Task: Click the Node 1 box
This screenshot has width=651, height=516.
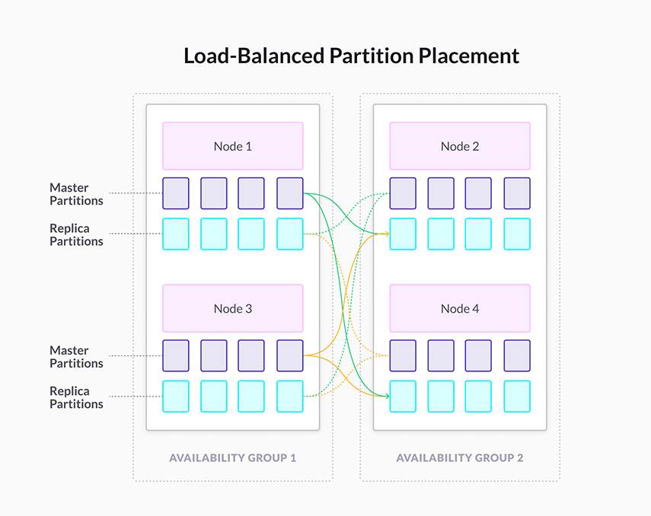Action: coord(232,146)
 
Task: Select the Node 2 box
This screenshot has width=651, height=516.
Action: coord(460,146)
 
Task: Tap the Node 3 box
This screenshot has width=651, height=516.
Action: coord(232,308)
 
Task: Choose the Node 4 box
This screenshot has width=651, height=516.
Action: coord(460,308)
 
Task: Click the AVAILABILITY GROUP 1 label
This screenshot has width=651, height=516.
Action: coord(232,457)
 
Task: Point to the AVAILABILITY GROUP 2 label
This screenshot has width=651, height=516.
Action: coord(460,457)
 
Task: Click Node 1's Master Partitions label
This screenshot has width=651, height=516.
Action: coord(76,194)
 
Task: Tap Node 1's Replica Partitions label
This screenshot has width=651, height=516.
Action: coord(76,234)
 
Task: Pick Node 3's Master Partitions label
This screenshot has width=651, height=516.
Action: coord(76,357)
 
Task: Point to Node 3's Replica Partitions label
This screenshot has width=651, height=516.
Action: coord(76,397)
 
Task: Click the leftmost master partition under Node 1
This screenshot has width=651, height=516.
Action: coord(175,193)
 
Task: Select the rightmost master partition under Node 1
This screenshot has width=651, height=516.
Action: coord(290,193)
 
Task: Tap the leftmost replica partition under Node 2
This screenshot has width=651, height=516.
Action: coord(403,234)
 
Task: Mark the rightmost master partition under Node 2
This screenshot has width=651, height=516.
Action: coord(517,193)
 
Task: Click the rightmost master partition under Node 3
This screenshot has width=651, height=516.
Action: coord(290,355)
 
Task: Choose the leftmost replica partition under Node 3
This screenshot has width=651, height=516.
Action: coord(175,396)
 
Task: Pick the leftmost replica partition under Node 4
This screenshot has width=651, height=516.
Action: coord(403,396)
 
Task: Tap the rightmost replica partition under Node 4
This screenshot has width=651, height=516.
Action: coord(517,396)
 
